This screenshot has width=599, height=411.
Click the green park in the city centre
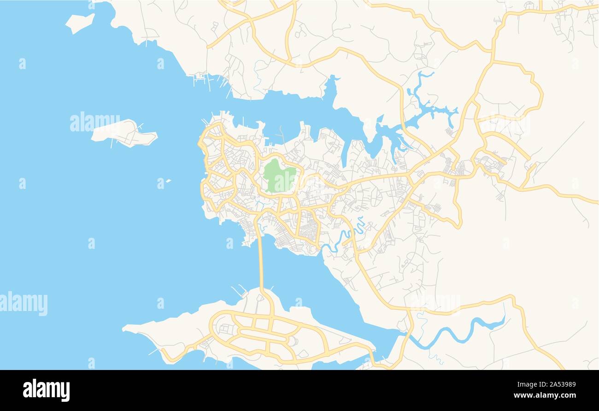click(279, 176)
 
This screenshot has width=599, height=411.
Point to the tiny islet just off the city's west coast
click(168, 181)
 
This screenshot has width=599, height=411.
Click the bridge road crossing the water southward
click(261, 263)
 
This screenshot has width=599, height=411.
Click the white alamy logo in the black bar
click(47, 390)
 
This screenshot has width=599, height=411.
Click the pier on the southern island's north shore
click(240, 291)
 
